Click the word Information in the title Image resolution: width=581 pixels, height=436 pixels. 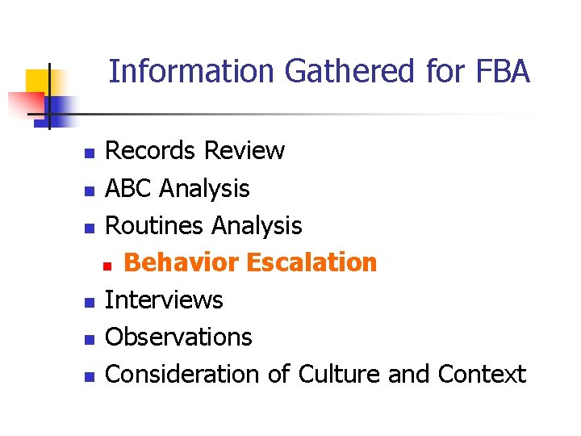coord(192,72)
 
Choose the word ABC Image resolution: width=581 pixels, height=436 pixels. coord(129,189)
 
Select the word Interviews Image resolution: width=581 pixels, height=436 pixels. coord(164,300)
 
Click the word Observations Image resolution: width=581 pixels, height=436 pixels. coord(178,337)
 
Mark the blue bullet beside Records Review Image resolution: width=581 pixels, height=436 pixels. coord(90,153)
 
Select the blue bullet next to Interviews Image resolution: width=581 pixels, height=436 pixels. coord(90,303)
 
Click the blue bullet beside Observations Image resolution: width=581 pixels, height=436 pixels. coord(90,339)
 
